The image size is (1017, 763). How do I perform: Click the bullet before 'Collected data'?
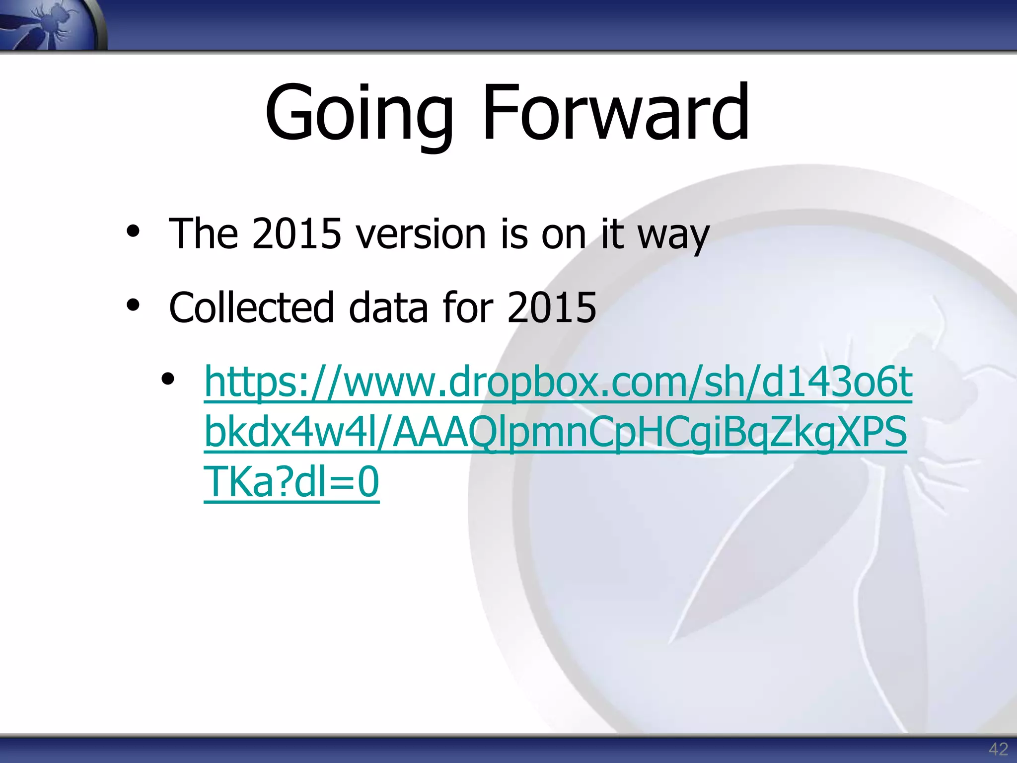tap(133, 305)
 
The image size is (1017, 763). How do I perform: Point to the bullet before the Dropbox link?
tap(168, 380)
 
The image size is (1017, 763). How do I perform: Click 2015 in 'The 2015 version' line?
tap(296, 233)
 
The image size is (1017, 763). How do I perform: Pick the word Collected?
tap(251, 307)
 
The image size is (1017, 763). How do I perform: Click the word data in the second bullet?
tap(388, 307)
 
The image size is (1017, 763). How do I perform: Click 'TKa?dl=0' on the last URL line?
tap(291, 481)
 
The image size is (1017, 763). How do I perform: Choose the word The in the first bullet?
tap(203, 233)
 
